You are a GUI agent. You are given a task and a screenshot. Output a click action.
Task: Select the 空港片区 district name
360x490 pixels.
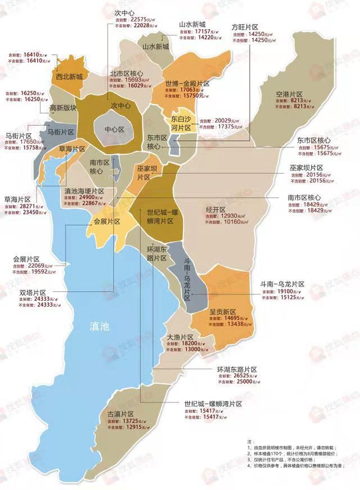click(290, 94)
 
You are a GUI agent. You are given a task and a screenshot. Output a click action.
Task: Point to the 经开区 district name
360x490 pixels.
click(217, 209)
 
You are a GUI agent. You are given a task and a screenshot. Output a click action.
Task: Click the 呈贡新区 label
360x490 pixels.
click(222, 312)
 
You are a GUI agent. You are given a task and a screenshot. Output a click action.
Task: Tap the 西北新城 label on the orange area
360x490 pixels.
click(70, 76)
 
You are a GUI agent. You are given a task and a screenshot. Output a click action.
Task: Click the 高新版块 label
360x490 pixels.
click(63, 108)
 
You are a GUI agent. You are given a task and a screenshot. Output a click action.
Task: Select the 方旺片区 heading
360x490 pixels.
click(245, 27)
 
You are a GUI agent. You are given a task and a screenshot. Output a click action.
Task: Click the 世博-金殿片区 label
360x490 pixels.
click(187, 83)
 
